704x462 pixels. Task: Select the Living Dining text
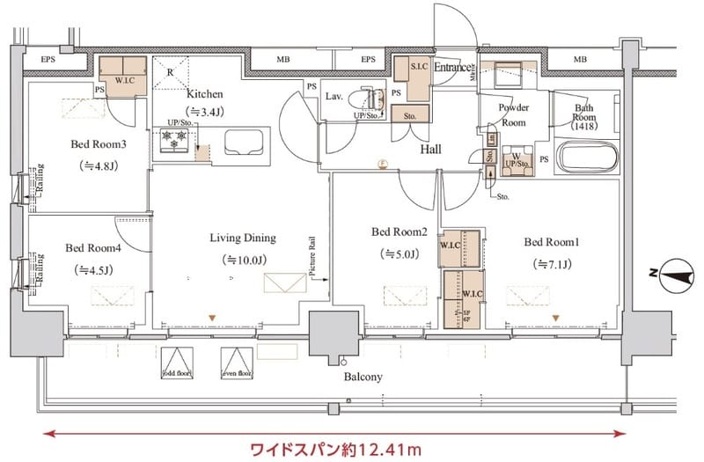(243, 238)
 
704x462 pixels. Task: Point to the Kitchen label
(204, 94)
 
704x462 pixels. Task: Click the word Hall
(430, 150)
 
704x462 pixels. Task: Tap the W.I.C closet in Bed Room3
(122, 70)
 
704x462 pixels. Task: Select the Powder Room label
(513, 114)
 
